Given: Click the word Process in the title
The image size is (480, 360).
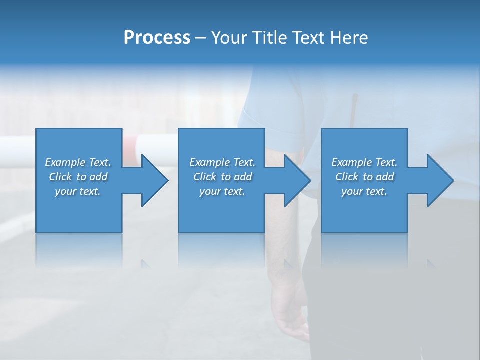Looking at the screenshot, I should tap(157, 38).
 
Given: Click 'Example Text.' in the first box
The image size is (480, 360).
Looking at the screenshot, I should tap(78, 162).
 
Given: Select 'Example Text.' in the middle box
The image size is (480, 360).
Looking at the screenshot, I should tap(222, 162).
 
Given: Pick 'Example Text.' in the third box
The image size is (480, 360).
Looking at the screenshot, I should tap(364, 162).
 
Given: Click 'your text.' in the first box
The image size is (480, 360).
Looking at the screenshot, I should tap(78, 191).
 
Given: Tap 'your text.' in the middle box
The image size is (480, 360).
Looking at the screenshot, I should tap(222, 191).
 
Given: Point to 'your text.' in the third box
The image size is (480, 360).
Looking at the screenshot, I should tap(364, 191).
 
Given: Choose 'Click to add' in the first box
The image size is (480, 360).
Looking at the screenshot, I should tap(78, 177).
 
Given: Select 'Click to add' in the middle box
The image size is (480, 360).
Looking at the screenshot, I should tap(222, 177).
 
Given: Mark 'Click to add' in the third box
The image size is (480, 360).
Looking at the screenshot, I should tap(364, 177).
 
